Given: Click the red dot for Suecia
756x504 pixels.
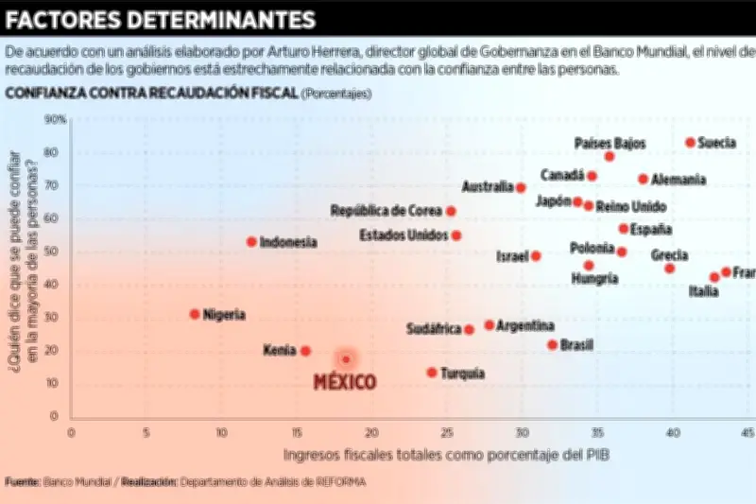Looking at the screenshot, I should (x=691, y=143).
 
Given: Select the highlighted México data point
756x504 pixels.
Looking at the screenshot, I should (x=346, y=359).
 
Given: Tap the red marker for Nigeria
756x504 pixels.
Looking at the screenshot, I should (x=195, y=314).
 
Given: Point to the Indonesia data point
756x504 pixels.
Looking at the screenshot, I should (x=251, y=242).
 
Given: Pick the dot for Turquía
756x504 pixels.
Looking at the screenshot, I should (x=432, y=373).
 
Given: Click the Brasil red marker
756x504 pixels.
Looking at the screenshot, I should (x=553, y=345).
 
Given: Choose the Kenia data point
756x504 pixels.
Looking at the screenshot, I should (x=305, y=351).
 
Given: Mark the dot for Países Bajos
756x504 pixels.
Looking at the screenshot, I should (x=610, y=156).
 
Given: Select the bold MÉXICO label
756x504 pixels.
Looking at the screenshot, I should (x=344, y=382).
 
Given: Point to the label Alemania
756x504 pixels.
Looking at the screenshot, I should (x=679, y=179).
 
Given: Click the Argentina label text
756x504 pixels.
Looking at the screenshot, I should (x=525, y=325).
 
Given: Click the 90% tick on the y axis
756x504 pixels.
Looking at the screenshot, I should (x=55, y=119).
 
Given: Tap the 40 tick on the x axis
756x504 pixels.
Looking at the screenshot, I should (x=672, y=433).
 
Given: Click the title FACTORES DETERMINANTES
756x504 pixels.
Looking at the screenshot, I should (x=162, y=20).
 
